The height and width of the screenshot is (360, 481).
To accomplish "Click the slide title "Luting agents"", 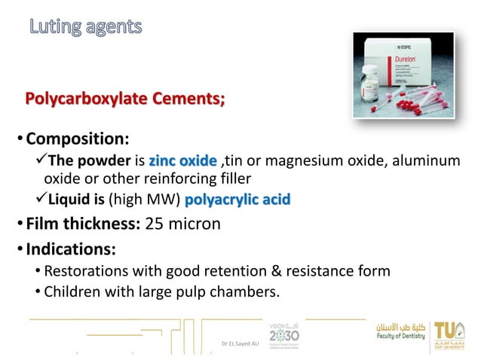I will [x=85, y=28].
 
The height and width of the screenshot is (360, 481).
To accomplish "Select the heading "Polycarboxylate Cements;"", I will [x=124, y=99].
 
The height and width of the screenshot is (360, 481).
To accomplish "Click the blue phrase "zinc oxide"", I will [x=182, y=161].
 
